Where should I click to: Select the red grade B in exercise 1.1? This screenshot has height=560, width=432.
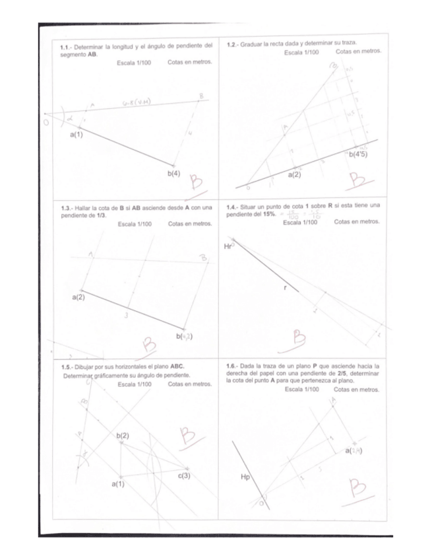point(195,183)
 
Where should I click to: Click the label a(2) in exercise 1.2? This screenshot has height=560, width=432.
point(294,175)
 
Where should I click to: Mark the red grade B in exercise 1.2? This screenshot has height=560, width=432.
point(359,180)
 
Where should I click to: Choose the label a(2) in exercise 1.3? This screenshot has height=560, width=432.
point(78,298)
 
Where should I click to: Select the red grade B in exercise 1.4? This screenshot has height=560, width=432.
point(301,339)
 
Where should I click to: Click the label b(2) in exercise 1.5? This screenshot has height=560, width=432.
point(123,436)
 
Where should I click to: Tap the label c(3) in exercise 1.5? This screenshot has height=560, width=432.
point(185,475)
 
